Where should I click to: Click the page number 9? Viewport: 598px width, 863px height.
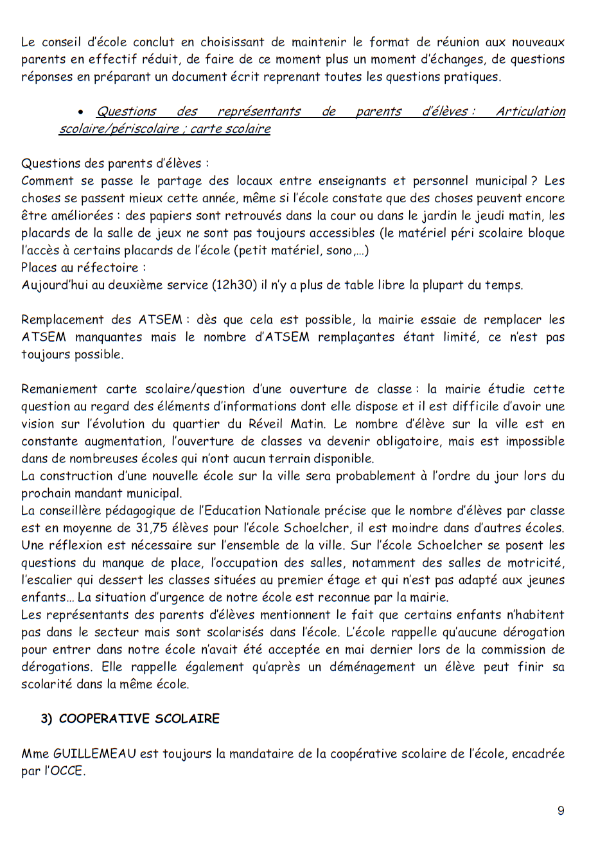[561, 811]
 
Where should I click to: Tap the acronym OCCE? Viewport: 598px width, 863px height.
[66, 771]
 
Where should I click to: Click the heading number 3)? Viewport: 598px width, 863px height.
[47, 719]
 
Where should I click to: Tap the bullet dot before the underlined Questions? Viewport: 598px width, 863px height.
[81, 112]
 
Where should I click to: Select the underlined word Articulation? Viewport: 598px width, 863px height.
[531, 112]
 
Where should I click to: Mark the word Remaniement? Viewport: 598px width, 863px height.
[59, 389]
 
